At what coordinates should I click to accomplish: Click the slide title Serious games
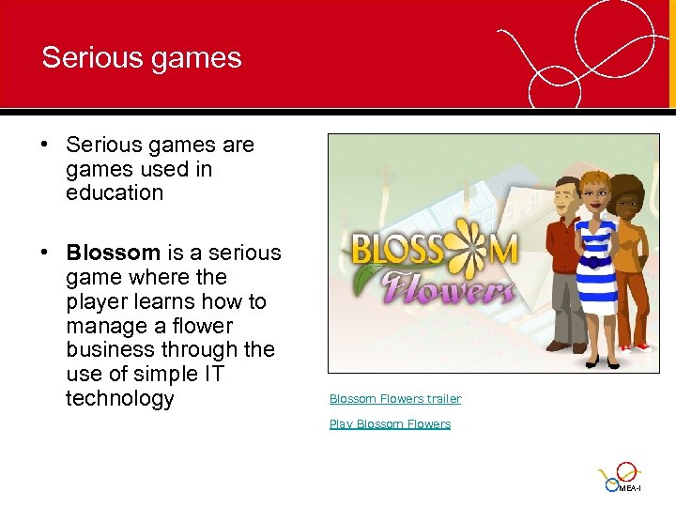[142, 57]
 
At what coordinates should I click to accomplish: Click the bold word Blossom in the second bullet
[113, 253]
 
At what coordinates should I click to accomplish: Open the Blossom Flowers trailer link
[395, 399]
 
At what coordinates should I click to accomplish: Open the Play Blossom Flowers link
[390, 424]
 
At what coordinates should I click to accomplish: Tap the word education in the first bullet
[115, 193]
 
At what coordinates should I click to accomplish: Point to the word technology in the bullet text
[120, 399]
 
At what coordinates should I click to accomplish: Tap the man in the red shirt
[563, 263]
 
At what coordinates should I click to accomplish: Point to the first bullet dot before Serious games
[45, 146]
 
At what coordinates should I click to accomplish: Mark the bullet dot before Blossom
[45, 253]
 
